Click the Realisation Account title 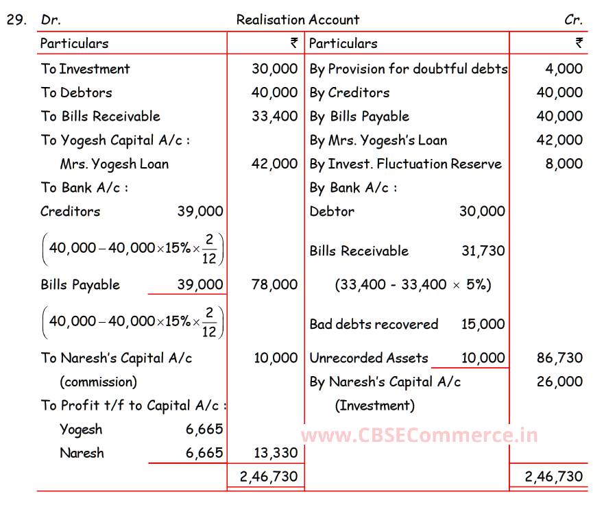(298, 20)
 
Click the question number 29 (16, 20)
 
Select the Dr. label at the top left (51, 20)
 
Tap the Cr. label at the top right (573, 20)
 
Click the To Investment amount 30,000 (274, 69)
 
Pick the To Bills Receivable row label (100, 116)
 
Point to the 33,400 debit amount (274, 116)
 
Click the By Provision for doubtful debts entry (409, 69)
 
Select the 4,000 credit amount (564, 69)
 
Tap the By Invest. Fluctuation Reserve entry (406, 164)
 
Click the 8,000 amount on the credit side (564, 164)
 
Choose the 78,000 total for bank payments (274, 285)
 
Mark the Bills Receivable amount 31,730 (483, 251)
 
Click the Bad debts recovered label (374, 324)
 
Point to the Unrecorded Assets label (369, 358)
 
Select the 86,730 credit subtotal (559, 358)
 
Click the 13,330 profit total (274, 453)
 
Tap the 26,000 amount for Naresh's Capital (559, 382)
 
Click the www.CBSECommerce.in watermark (419, 435)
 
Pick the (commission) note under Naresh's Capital (98, 382)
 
